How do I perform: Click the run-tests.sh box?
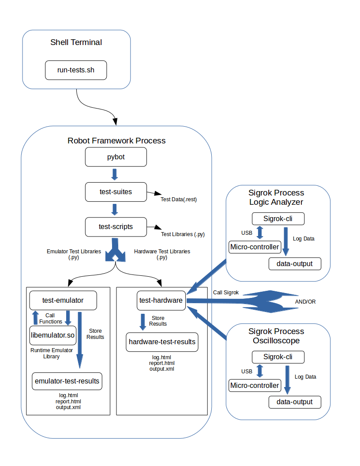click(76, 70)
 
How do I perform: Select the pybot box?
click(116, 157)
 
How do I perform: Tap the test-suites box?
click(116, 192)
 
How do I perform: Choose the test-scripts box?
click(116, 227)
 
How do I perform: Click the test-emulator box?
click(63, 301)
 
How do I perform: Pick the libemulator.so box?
click(53, 335)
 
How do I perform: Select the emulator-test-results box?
click(67, 381)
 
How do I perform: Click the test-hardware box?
click(161, 301)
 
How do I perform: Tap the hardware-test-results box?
click(162, 342)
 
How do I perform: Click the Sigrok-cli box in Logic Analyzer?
click(278, 219)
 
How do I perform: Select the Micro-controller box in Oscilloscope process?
click(255, 385)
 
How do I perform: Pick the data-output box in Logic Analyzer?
click(295, 264)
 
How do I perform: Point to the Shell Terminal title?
click(76, 42)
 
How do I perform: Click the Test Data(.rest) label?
click(179, 199)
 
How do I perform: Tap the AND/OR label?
click(305, 302)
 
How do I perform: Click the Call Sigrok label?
click(226, 293)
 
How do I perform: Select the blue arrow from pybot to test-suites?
click(115, 174)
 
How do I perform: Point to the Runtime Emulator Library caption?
click(51, 353)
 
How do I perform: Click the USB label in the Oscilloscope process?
click(247, 372)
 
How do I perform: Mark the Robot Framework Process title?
click(116, 141)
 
